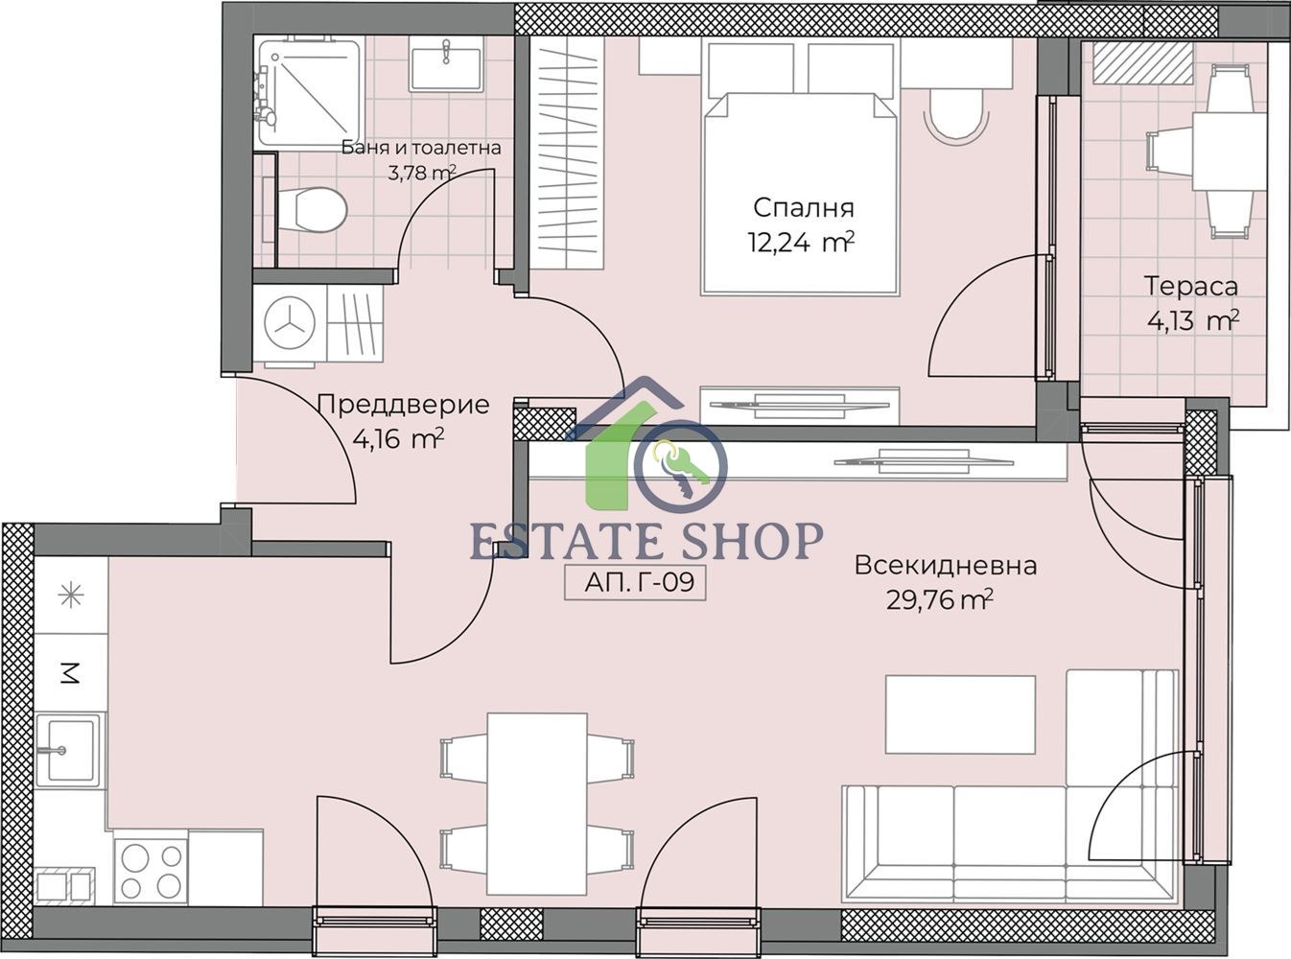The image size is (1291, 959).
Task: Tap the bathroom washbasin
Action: (446, 63)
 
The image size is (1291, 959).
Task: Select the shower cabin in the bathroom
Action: (310, 90)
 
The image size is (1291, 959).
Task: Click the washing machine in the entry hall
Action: (290, 323)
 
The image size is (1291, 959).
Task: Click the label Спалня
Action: (803, 208)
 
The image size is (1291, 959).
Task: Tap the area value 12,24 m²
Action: (801, 243)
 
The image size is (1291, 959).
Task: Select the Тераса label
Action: (1191, 287)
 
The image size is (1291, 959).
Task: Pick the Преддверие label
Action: (404, 405)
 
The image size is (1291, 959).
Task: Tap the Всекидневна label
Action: (946, 565)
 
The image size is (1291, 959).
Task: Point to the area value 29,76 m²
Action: (939, 599)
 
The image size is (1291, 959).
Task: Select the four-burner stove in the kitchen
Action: (152, 871)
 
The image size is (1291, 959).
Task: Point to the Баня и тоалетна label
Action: (421, 148)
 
